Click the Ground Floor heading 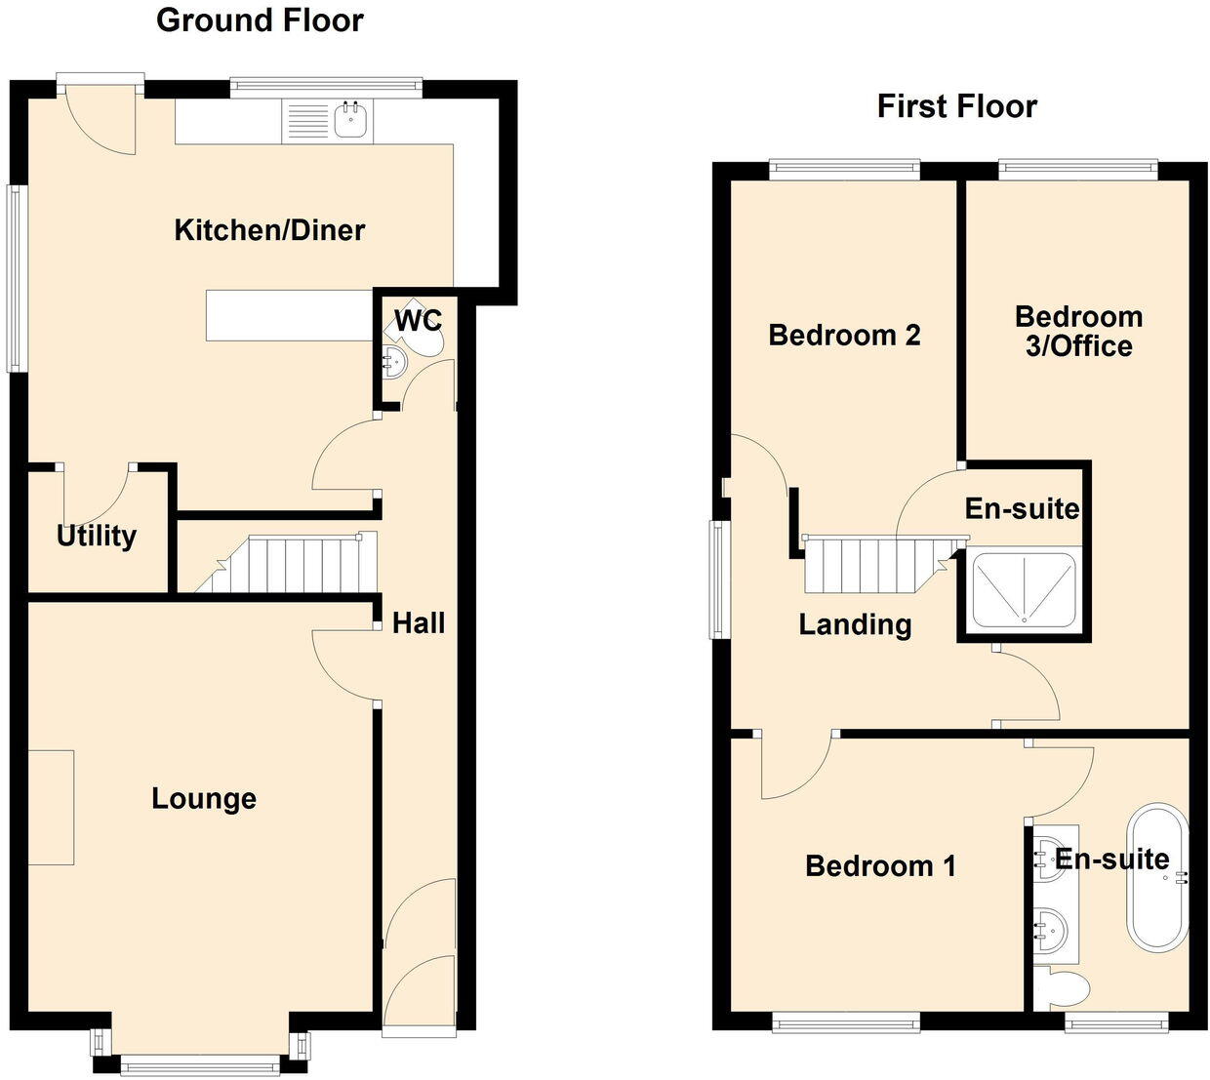[260, 20]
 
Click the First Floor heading [956, 106]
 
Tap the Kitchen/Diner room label [269, 230]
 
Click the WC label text [419, 321]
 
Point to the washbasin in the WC [393, 362]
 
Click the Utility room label [96, 536]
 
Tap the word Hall [419, 623]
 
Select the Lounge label [204, 799]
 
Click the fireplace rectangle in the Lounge [51, 807]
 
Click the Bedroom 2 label [844, 336]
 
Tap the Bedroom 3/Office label [1078, 331]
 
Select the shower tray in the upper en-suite [1024, 588]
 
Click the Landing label [855, 624]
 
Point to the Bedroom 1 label [880, 866]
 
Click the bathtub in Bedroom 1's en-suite [1158, 877]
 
